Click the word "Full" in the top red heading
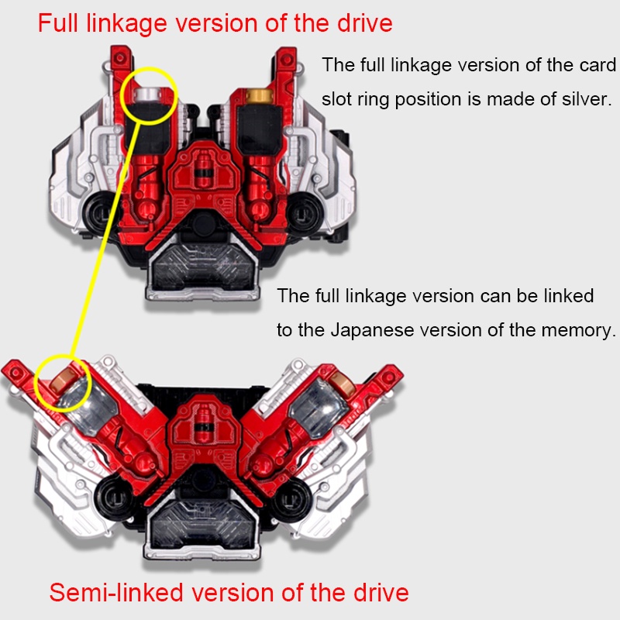(62, 22)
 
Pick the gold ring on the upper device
(257, 98)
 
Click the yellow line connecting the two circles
(108, 232)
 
